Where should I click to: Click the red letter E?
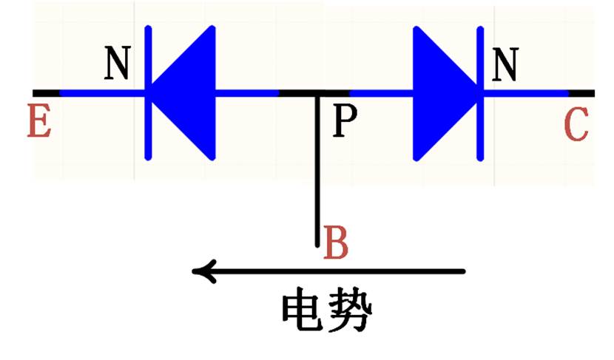pos(39,122)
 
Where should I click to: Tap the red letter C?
pos(576,125)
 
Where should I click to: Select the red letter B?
pos(337,243)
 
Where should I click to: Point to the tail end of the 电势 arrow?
pos(462,271)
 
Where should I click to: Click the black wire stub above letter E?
pos(46,93)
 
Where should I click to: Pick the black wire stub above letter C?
pos(581,93)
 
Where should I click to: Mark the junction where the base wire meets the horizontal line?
pos(317,94)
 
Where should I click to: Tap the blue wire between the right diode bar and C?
pos(525,93)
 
